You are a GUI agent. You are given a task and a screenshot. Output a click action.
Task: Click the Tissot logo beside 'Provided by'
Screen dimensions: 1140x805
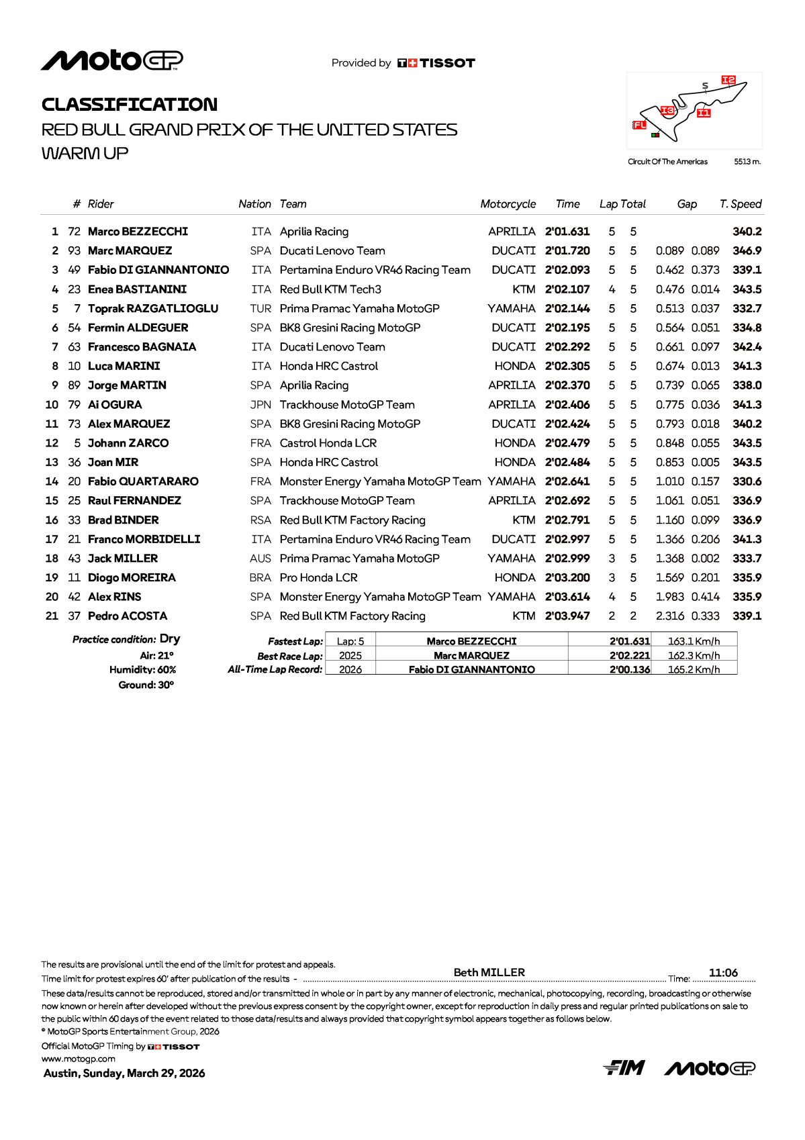[436, 63]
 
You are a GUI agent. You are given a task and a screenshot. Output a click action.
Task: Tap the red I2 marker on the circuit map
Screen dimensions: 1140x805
[728, 80]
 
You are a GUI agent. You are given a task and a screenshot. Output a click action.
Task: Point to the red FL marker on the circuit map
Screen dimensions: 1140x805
[639, 125]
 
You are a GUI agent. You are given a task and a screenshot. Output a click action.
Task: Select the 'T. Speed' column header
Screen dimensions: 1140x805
[741, 204]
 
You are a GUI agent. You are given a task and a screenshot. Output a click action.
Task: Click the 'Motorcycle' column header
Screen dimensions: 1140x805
[508, 204]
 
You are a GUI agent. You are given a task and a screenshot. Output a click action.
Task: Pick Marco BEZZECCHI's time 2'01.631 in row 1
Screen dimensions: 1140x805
[567, 232]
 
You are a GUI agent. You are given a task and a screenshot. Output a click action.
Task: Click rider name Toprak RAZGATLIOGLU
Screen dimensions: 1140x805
[153, 309]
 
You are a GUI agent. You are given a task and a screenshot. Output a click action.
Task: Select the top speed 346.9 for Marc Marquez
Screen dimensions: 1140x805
[747, 251]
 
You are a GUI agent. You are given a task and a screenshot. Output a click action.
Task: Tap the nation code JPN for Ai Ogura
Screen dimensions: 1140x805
[261, 405]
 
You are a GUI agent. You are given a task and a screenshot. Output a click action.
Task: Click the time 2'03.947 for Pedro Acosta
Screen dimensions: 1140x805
[567, 616]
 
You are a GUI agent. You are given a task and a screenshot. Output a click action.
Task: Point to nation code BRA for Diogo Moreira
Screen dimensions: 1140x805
[261, 578]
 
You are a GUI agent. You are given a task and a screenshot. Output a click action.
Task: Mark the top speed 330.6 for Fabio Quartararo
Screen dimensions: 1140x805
[747, 481]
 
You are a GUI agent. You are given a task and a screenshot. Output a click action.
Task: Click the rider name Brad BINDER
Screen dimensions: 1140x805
[124, 520]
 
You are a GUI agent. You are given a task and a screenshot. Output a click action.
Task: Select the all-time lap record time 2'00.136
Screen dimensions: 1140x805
[630, 669]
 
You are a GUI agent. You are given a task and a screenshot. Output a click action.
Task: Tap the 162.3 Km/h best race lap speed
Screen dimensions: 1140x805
[694, 655]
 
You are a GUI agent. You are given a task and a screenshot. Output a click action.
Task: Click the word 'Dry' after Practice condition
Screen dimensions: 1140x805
[170, 639]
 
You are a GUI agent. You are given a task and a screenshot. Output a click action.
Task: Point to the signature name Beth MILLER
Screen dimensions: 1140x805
[489, 972]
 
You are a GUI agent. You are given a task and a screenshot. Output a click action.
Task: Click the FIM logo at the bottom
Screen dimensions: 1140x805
[624, 1067]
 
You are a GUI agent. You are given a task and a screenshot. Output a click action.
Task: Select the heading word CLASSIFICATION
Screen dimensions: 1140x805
[130, 105]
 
